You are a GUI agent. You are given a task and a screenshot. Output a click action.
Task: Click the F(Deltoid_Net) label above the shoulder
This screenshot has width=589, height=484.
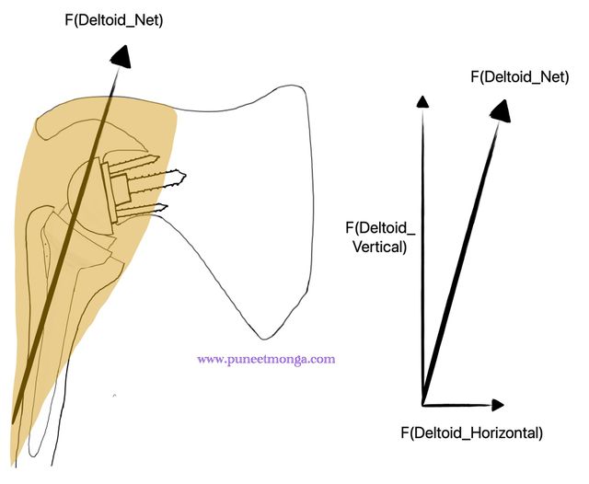(x=114, y=20)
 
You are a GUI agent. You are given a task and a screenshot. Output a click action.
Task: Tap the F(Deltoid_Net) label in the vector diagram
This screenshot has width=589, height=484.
(x=520, y=77)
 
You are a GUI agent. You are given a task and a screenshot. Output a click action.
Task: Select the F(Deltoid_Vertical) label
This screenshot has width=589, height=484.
(x=380, y=237)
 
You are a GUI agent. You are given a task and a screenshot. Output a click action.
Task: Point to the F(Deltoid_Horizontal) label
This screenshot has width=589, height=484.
(x=472, y=433)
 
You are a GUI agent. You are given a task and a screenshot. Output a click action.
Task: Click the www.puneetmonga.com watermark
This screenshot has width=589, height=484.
(x=266, y=360)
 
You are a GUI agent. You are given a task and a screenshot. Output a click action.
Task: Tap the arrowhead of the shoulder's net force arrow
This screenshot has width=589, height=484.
(x=121, y=57)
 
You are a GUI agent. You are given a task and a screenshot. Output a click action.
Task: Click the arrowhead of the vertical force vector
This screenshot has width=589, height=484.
(x=423, y=102)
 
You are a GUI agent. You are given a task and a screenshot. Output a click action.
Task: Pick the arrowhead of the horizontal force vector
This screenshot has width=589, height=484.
(x=498, y=405)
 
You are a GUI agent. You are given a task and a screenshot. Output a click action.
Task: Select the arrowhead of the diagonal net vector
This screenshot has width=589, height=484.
(x=501, y=110)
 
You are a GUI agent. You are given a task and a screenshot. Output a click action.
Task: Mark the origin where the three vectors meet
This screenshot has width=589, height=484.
(x=423, y=405)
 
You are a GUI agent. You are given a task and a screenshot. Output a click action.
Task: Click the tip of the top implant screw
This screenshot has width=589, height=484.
(x=159, y=157)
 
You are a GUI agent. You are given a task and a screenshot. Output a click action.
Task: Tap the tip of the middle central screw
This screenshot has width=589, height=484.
(x=186, y=175)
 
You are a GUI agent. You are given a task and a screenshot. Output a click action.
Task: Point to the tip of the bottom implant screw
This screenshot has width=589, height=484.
(x=167, y=206)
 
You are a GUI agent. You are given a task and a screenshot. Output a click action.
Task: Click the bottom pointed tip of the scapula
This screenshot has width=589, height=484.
(x=264, y=339)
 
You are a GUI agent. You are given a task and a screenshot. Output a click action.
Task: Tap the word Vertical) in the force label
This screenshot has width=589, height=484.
(x=380, y=248)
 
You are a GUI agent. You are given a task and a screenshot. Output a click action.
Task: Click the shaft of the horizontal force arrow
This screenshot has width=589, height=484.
(x=457, y=405)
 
